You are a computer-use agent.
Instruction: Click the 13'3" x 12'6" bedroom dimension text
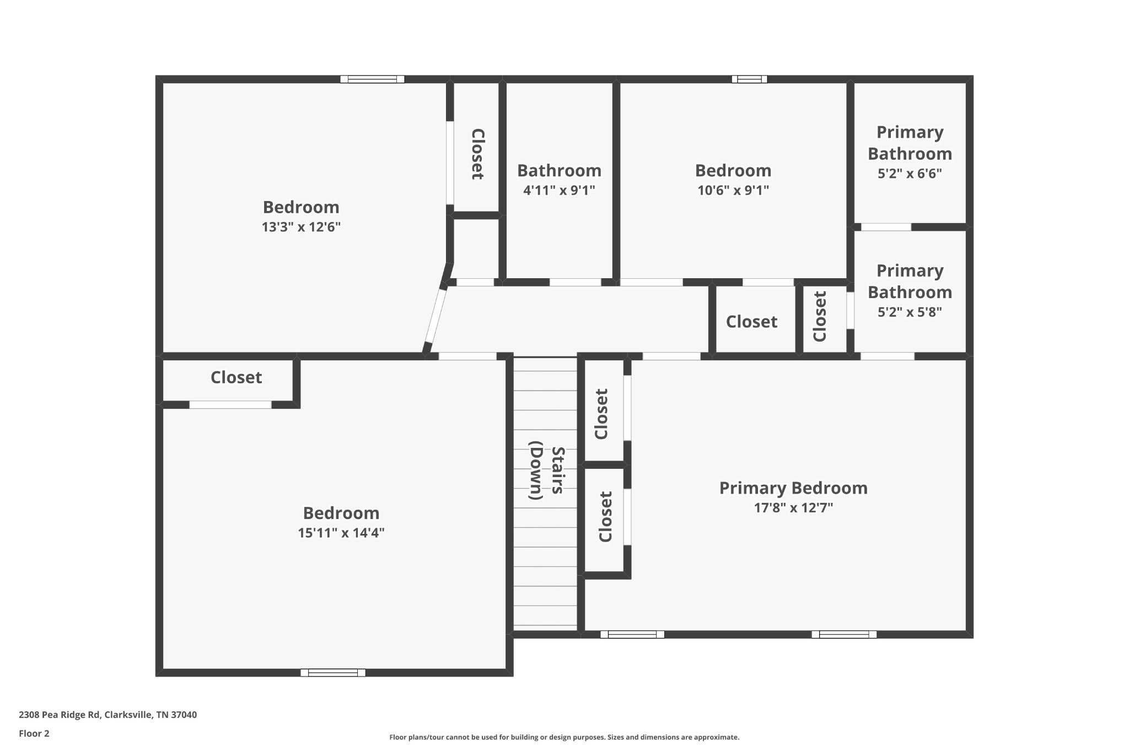[x=301, y=227]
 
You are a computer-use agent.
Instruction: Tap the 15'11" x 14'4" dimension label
[x=341, y=533]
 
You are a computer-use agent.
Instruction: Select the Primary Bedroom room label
[x=793, y=488]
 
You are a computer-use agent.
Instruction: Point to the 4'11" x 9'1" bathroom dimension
[x=558, y=191]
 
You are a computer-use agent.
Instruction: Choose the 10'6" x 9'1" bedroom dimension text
[x=733, y=191]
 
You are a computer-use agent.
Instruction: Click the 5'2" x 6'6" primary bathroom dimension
[x=909, y=174]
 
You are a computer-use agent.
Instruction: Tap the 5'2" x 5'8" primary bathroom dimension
[x=909, y=312]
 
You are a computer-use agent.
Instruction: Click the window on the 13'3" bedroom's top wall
[x=372, y=79]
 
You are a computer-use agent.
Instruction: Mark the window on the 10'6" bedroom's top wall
[x=749, y=79]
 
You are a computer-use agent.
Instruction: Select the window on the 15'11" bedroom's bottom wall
[x=332, y=673]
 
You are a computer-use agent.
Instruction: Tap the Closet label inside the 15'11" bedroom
[x=236, y=377]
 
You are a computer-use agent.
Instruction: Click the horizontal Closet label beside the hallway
[x=751, y=322]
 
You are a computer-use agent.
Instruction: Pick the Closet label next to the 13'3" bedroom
[x=477, y=154]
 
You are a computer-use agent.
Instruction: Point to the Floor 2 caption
[x=34, y=733]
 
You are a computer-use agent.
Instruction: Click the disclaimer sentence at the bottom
[x=564, y=737]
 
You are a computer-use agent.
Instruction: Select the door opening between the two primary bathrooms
[x=886, y=227]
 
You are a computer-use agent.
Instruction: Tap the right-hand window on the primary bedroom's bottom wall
[x=843, y=635]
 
